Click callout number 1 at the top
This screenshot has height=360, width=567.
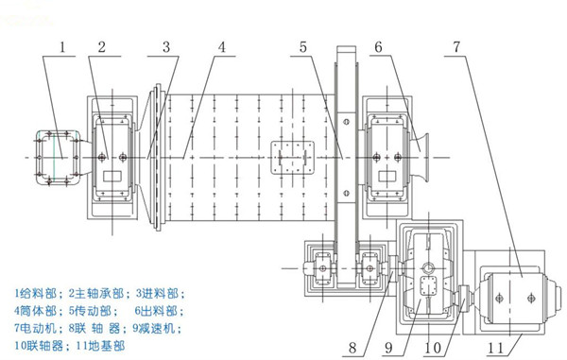(x=64, y=44)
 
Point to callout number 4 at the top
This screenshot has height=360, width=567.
(x=220, y=44)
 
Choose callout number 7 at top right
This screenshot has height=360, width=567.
(x=457, y=44)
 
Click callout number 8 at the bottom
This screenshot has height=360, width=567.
(x=352, y=346)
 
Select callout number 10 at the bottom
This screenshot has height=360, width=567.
(x=433, y=346)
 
